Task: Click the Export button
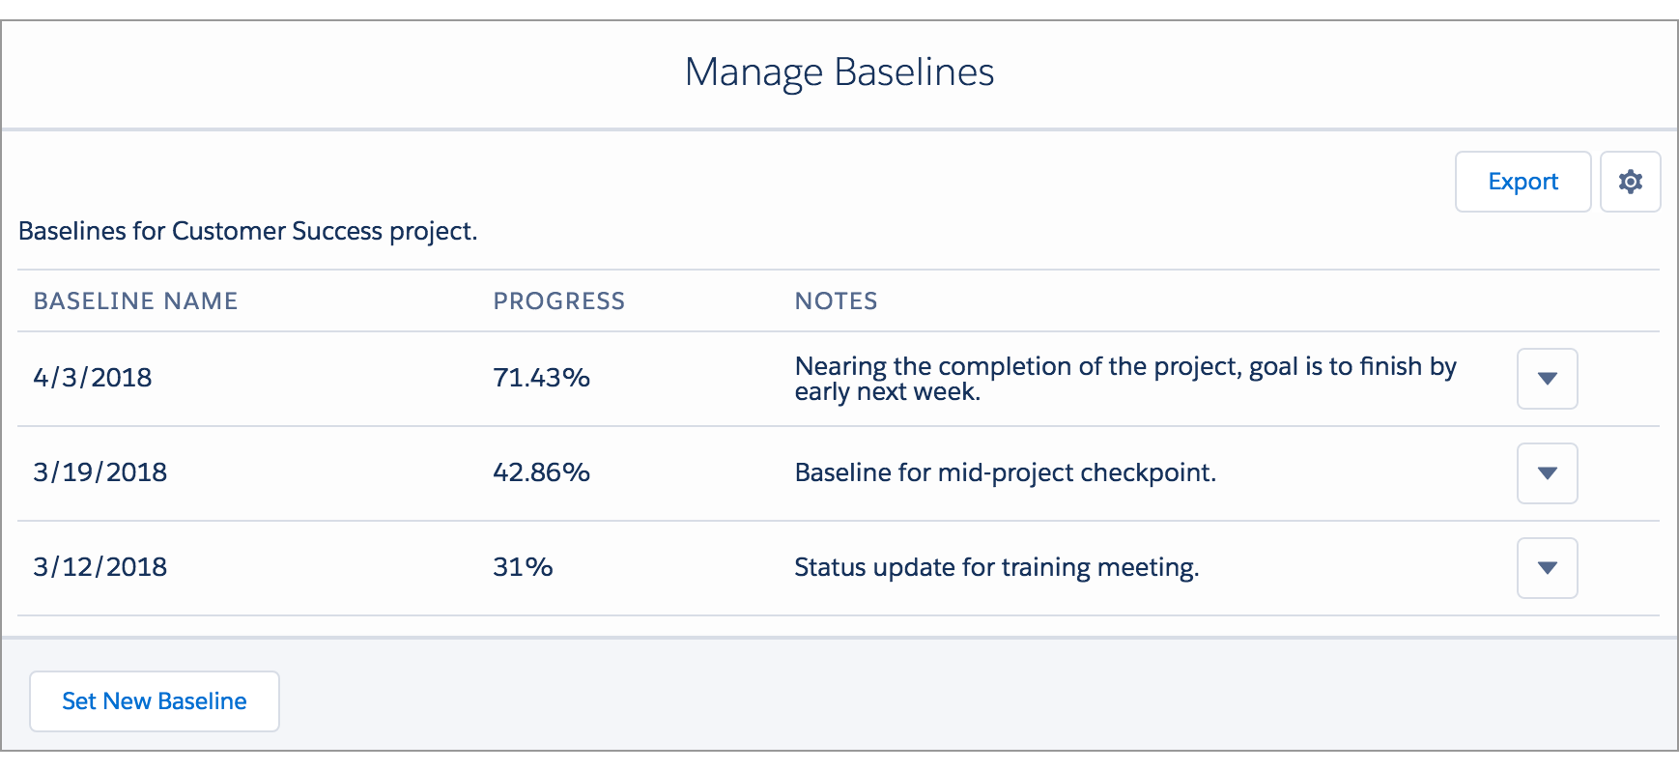point(1522,182)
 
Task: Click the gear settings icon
point(1631,182)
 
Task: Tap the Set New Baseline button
point(155,701)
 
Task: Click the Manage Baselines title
point(839,72)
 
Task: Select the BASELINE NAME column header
point(135,301)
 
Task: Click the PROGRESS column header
point(558,301)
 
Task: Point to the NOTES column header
point(836,301)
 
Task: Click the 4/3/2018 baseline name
point(93,378)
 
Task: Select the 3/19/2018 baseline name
point(100,472)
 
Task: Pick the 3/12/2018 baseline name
point(100,567)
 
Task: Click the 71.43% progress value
point(541,378)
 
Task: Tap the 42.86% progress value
point(541,472)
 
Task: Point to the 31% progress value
point(523,567)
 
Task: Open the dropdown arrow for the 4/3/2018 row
point(1547,379)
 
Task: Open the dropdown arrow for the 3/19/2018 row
point(1547,473)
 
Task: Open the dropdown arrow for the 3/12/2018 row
point(1547,568)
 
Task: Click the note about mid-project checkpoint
point(1005,472)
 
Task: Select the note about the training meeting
point(996,567)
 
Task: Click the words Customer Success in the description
point(276,232)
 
